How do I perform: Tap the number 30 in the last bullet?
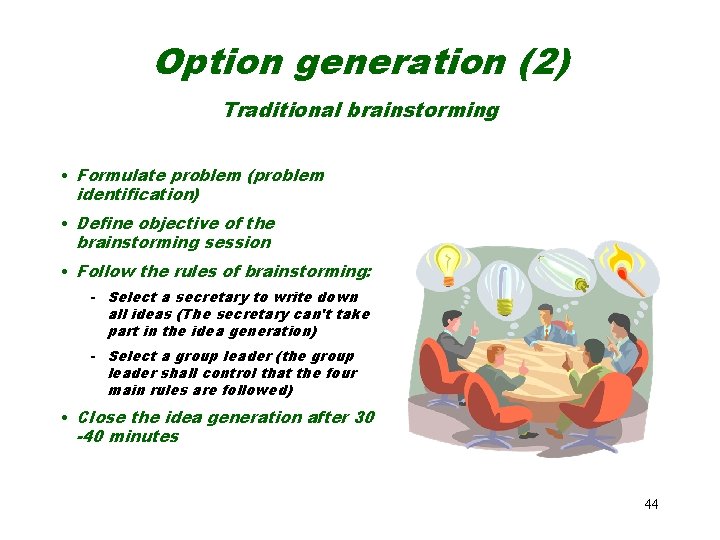pos(364,417)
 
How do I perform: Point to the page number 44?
pos(651,504)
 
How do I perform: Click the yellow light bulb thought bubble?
pos(445,263)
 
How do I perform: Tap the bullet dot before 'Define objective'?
pos(64,224)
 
